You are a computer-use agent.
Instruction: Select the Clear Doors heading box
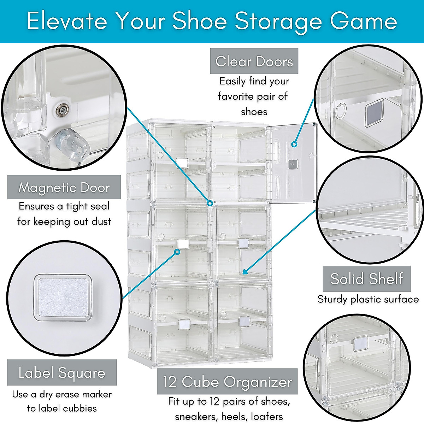pyautogui.click(x=254, y=61)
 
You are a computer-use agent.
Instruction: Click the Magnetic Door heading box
pyautogui.click(x=64, y=188)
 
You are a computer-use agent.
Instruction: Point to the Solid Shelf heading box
pyautogui.click(x=367, y=279)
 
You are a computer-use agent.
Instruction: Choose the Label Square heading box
pyautogui.click(x=62, y=373)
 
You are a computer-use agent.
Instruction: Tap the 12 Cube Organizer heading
pyautogui.click(x=227, y=382)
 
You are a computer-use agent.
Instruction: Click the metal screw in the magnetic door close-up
pyautogui.click(x=63, y=110)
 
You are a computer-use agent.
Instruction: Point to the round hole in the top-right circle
pyautogui.click(x=341, y=110)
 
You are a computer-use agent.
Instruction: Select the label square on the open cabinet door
pyautogui.click(x=293, y=164)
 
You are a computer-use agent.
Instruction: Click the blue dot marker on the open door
pyautogui.click(x=294, y=144)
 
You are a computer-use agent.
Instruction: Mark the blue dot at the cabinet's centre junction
pyautogui.click(x=210, y=203)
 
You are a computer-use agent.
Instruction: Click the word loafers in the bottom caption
pyautogui.click(x=267, y=417)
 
